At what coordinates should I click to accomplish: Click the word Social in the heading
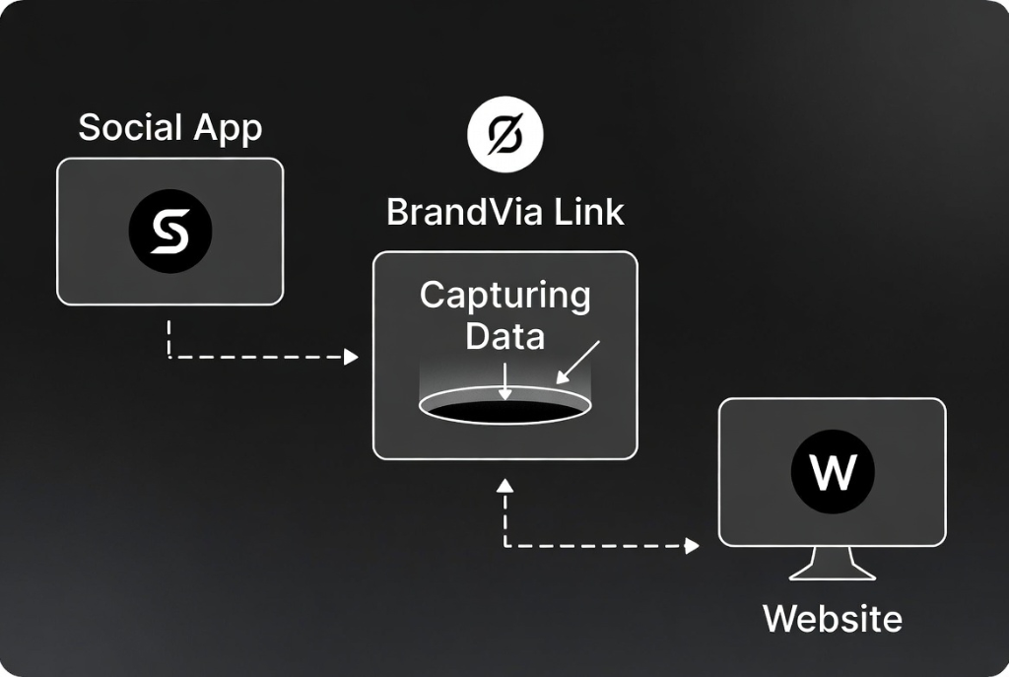130,127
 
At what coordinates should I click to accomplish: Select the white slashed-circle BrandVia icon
505,134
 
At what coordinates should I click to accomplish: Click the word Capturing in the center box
504,295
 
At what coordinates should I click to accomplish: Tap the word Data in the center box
504,336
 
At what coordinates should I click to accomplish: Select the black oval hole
504,410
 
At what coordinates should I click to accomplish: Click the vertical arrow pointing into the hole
504,380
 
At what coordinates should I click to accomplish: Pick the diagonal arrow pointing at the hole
577,362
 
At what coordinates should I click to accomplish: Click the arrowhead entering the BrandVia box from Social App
351,357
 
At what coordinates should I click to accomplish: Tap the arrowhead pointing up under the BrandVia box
504,484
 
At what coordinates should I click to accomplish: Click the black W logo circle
832,472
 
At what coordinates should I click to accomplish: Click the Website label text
832,619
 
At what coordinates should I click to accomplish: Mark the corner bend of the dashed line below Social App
170,357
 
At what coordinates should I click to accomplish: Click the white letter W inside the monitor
832,473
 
